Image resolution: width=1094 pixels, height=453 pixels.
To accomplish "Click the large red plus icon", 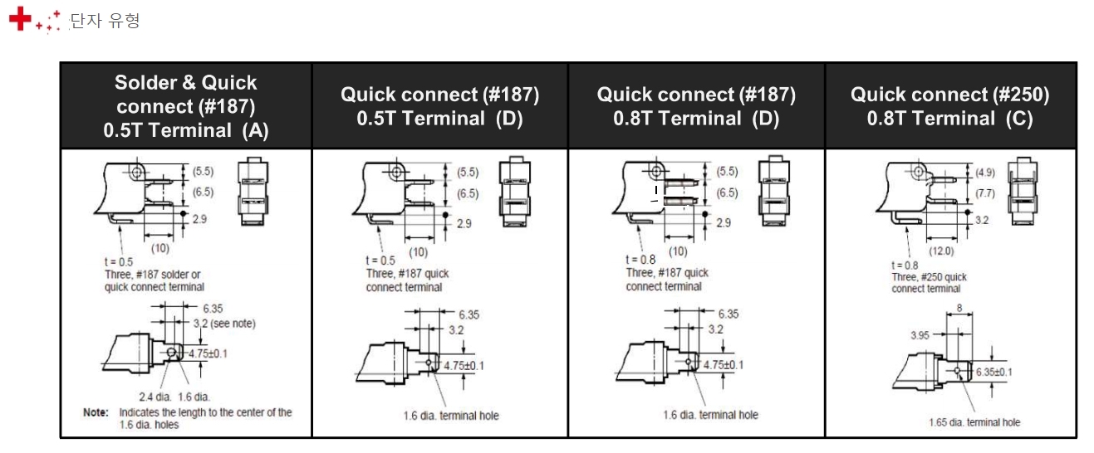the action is [x=20, y=19].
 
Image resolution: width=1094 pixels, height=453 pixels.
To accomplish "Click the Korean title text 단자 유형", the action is [x=105, y=21].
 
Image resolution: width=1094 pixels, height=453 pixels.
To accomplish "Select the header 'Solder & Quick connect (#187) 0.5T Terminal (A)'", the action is [x=186, y=106].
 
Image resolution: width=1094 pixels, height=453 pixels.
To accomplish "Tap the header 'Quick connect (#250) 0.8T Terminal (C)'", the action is [x=950, y=106].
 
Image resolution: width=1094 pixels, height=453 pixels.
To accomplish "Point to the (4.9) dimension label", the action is [x=985, y=173].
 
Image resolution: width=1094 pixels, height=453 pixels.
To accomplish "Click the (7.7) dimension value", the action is [x=985, y=193].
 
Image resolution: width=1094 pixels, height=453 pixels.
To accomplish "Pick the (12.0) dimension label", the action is [x=941, y=251].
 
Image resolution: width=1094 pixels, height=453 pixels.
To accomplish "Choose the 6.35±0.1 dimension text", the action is [x=994, y=372].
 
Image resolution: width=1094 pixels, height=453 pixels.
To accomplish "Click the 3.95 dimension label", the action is [x=920, y=335].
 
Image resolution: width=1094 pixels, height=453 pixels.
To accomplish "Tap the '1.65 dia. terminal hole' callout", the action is [x=974, y=422].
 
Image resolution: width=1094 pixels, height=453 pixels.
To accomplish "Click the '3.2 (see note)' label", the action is [x=224, y=324].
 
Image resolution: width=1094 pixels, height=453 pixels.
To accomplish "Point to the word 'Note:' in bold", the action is [x=96, y=412].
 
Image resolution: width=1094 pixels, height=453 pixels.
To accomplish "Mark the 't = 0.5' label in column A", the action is [x=119, y=262].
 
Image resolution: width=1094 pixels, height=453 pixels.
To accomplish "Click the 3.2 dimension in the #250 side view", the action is [x=982, y=220].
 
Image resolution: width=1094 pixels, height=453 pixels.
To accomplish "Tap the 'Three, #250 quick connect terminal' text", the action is [x=929, y=283].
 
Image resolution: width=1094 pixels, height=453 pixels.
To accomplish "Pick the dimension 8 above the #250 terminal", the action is [x=959, y=308].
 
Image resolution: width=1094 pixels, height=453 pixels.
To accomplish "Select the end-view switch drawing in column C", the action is [x=1023, y=191].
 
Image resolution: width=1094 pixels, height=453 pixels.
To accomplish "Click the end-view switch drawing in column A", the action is [x=253, y=191].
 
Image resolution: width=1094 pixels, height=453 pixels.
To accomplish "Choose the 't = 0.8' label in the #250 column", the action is [x=905, y=265].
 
